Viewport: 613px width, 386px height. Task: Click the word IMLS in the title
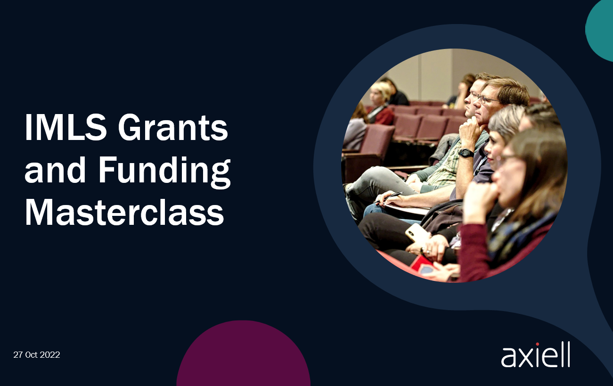click(x=65, y=127)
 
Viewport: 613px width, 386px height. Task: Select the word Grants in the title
click(x=173, y=127)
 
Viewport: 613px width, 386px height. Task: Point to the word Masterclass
click(x=124, y=212)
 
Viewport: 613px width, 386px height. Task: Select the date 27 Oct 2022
click(x=37, y=355)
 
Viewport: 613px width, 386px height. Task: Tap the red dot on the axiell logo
click(x=538, y=344)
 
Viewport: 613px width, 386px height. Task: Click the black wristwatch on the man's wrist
click(x=466, y=153)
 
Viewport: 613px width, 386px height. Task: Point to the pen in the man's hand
click(x=388, y=197)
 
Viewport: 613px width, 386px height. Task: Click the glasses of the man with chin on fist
click(x=489, y=99)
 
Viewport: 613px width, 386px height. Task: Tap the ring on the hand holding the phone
click(x=429, y=251)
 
